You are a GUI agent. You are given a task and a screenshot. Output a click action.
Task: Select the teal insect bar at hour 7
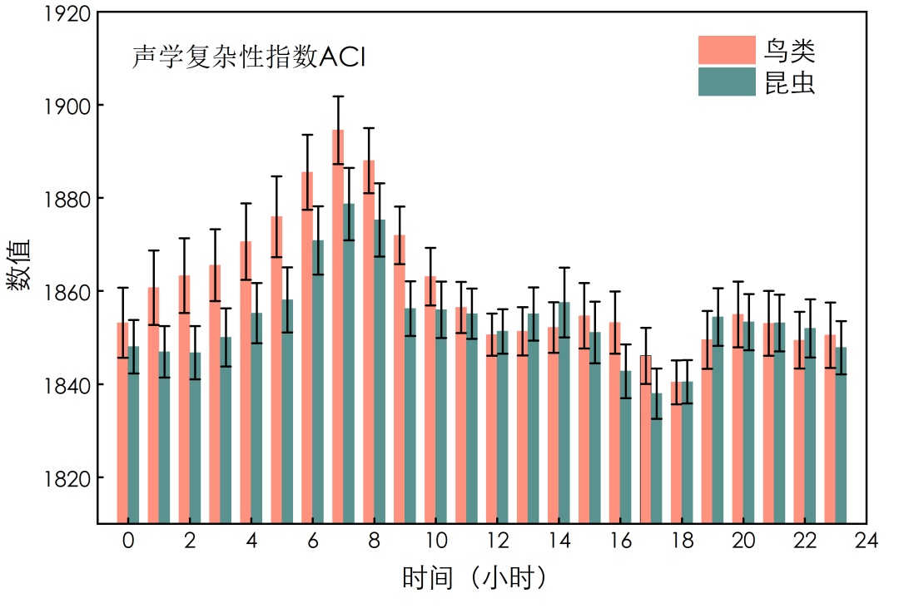349,363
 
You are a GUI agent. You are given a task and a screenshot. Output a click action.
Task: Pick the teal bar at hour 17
657,457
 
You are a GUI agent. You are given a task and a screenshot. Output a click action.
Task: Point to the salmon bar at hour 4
246,382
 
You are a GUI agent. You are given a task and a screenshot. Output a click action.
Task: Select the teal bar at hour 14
564,413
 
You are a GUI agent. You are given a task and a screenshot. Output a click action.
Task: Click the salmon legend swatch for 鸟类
727,51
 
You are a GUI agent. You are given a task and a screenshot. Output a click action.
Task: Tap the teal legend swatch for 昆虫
727,82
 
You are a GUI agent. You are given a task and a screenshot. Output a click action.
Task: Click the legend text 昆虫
790,82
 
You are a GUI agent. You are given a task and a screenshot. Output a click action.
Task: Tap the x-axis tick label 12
497,541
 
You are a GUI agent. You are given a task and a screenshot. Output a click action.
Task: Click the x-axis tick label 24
867,541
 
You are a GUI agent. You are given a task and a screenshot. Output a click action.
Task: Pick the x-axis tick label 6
312,541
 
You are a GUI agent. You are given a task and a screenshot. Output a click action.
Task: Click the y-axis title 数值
20,264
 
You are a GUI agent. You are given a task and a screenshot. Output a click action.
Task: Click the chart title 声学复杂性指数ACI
250,57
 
